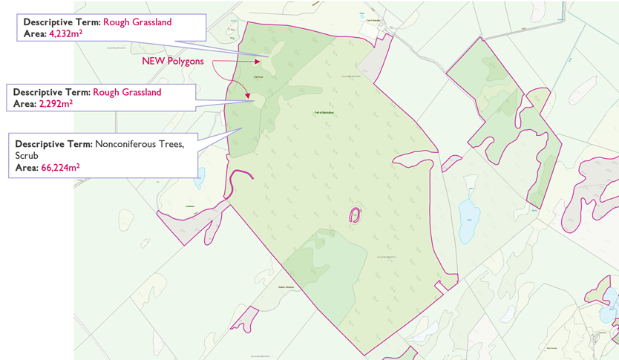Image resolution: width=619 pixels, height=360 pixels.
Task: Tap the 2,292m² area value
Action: (56, 104)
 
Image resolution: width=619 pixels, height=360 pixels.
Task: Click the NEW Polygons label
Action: (173, 62)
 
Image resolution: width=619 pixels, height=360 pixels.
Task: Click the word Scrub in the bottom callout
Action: (27, 156)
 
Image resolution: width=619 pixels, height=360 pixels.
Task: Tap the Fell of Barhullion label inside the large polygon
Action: (325, 112)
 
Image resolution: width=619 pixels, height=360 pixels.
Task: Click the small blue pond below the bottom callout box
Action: (199, 178)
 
